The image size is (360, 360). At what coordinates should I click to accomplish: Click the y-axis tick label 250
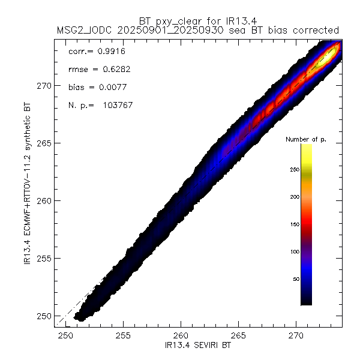(44, 316)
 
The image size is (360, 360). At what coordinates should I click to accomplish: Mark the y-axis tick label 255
(44, 258)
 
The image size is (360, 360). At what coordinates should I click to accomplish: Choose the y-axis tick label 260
(44, 200)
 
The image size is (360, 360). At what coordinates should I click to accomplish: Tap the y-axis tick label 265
(44, 143)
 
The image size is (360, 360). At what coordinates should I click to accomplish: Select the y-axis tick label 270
(44, 85)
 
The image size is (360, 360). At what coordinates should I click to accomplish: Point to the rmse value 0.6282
(112, 70)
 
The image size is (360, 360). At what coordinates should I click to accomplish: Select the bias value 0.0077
(110, 87)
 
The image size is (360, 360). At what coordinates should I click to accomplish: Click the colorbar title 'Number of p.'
(305, 139)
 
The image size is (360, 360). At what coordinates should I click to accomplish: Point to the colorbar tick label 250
(294, 169)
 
